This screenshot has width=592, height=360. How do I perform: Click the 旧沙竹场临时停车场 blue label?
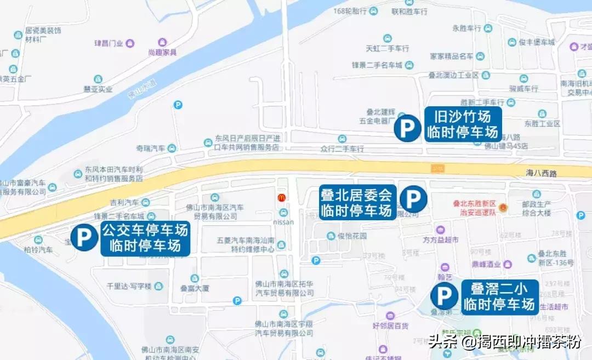pos(463,124)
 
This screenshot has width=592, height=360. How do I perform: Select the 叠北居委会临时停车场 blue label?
pos(358,202)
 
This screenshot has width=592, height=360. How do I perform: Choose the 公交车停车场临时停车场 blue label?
pos(145,238)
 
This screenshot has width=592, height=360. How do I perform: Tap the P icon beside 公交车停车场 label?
pos(84,237)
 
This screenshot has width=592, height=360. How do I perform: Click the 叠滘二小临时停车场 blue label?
pos(499,296)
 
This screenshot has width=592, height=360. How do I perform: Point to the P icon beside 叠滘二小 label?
pos(443,296)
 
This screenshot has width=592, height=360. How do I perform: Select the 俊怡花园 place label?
pos(352,236)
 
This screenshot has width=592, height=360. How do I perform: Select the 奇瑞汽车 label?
pos(151,148)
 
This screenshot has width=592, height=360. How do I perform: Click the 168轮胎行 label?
pos(349,11)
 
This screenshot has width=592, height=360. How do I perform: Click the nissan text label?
pos(283,222)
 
